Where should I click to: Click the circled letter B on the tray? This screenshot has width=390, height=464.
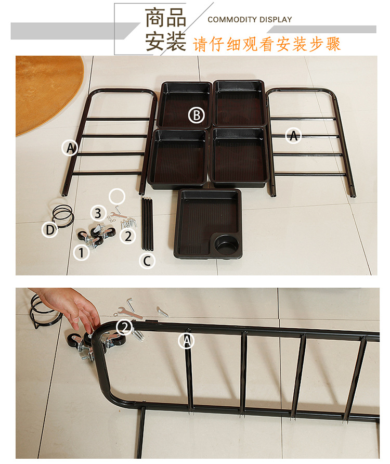196,115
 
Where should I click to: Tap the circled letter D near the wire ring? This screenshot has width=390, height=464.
50,229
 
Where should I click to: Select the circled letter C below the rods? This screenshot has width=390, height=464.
147,261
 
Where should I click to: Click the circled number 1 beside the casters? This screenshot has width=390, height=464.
81,253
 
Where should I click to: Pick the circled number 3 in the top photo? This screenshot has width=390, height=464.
97,213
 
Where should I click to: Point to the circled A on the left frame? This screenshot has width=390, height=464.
70,148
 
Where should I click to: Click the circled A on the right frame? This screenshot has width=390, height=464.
294,136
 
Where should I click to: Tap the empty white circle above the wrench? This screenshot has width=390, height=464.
117,197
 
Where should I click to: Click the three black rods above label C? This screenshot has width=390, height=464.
147,224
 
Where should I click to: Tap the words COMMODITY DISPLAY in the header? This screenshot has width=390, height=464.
250,20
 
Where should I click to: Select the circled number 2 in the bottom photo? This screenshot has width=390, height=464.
124,327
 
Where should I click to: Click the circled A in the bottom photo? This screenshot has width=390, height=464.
187,341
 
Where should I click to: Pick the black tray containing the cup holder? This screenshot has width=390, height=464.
208,224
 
